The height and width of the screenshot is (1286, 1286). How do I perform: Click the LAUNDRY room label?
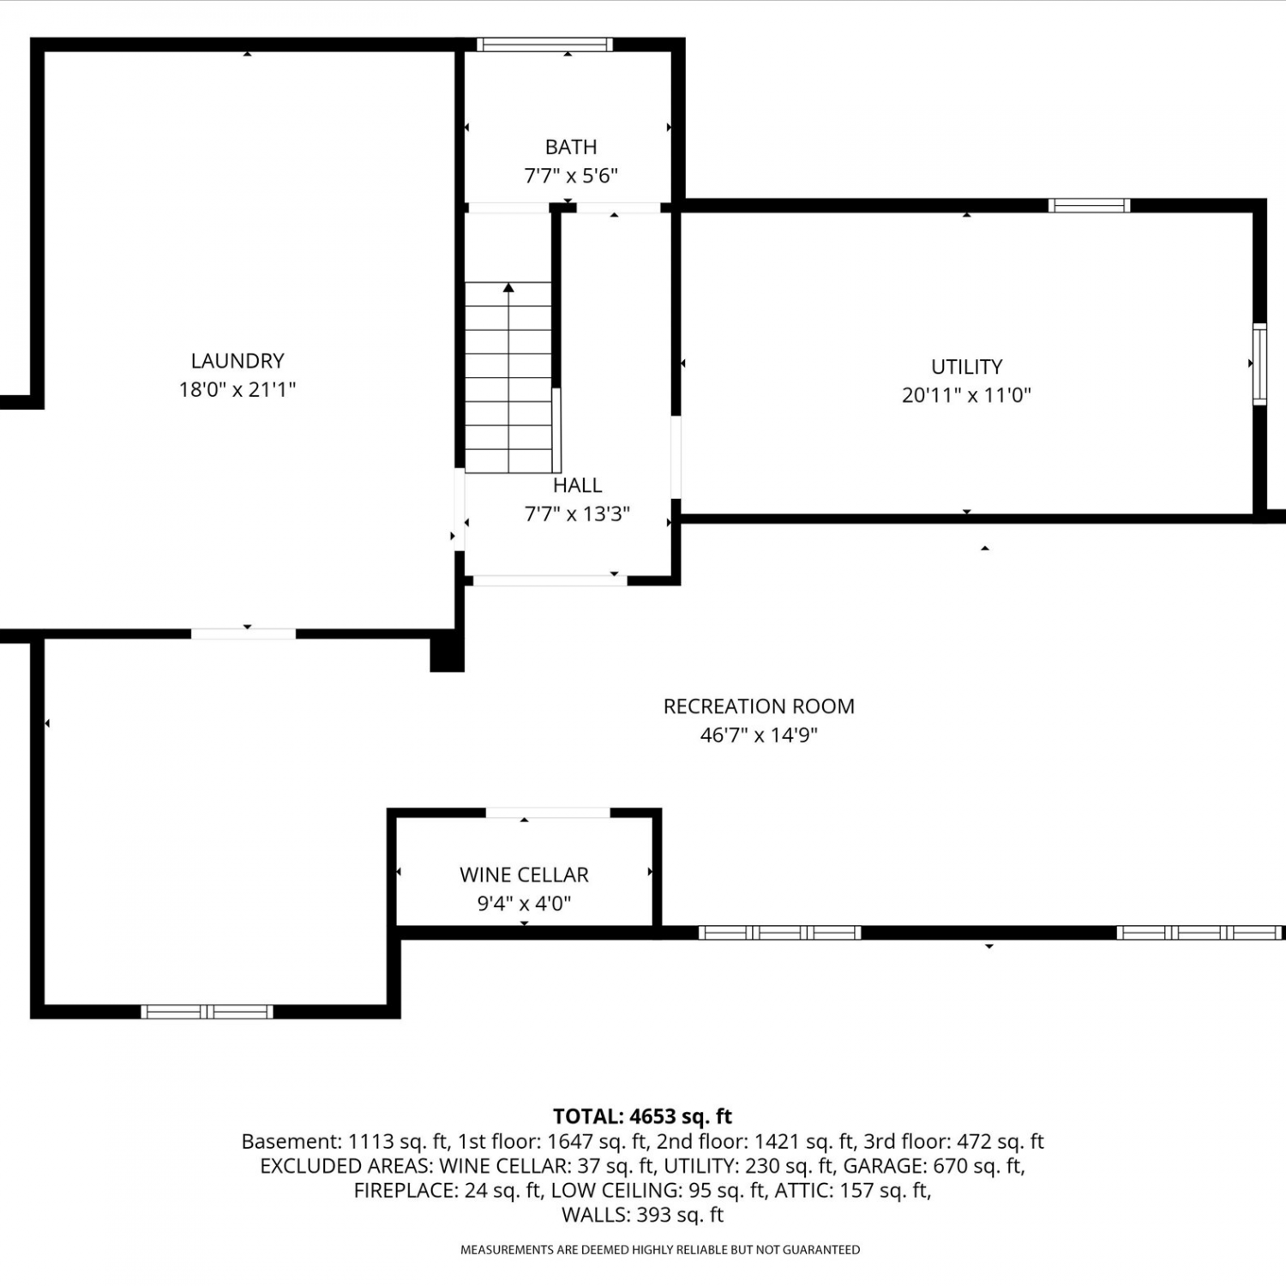[237, 361]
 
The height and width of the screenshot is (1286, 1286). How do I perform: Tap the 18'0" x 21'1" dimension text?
[237, 389]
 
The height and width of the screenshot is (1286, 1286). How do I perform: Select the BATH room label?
[571, 147]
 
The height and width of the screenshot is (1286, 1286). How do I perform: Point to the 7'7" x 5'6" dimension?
[571, 176]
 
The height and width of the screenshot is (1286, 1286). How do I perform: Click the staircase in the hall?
[509, 377]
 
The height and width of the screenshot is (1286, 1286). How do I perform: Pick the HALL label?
[577, 485]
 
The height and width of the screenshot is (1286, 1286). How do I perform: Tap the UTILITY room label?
[966, 367]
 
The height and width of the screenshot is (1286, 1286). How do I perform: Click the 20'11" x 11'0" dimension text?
[966, 395]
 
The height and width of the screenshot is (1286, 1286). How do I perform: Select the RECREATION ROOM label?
[759, 706]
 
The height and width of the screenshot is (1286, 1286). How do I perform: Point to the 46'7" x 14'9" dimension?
[759, 735]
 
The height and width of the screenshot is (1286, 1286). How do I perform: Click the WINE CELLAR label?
[524, 874]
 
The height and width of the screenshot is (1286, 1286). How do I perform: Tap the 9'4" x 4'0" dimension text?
[524, 903]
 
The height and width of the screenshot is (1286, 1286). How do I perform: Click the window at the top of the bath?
[544, 45]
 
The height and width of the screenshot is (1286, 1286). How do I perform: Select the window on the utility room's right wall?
[1259, 364]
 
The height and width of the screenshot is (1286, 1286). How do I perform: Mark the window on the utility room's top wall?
[1089, 205]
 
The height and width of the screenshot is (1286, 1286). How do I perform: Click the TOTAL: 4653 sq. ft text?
[643, 1116]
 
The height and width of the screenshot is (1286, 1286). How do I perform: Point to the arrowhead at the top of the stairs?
[508, 287]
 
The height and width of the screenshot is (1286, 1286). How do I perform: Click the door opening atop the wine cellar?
[548, 813]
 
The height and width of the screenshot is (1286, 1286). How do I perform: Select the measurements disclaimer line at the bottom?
[660, 1250]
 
